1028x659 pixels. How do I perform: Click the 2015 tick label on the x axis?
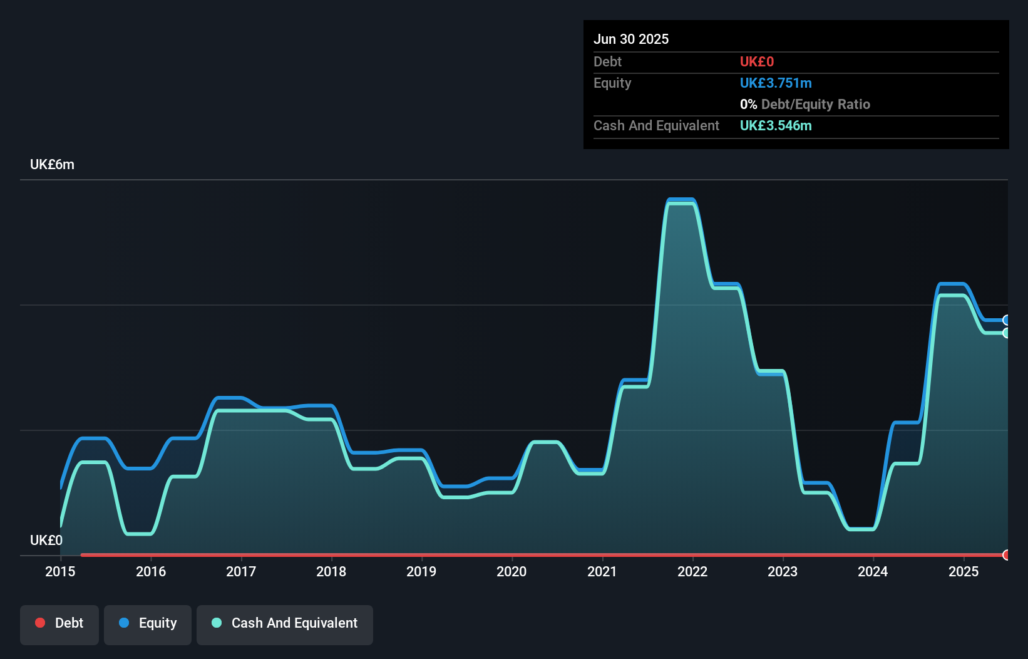coord(60,571)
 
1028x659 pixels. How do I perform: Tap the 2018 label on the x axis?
coord(331,571)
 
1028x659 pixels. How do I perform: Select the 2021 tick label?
coord(602,571)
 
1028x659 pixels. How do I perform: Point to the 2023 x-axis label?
coord(783,571)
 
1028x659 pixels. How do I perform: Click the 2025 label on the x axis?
coord(963,571)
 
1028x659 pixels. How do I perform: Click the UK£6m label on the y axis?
coord(52,165)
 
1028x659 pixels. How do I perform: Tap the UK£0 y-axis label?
coord(46,540)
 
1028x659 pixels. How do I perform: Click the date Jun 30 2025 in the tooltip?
coord(631,39)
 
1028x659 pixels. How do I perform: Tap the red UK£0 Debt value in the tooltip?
coord(756,61)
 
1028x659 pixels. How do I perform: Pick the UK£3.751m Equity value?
coord(775,83)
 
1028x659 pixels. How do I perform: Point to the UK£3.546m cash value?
coord(775,125)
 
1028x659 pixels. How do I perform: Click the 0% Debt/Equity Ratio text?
coord(804,104)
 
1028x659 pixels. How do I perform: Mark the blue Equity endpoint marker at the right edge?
coord(1007,320)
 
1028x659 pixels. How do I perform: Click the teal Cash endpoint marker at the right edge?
coord(1007,333)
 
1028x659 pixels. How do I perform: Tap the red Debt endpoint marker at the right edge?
coord(1007,554)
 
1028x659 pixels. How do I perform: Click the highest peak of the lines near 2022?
coord(681,200)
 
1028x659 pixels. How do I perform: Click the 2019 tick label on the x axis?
coord(421,571)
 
